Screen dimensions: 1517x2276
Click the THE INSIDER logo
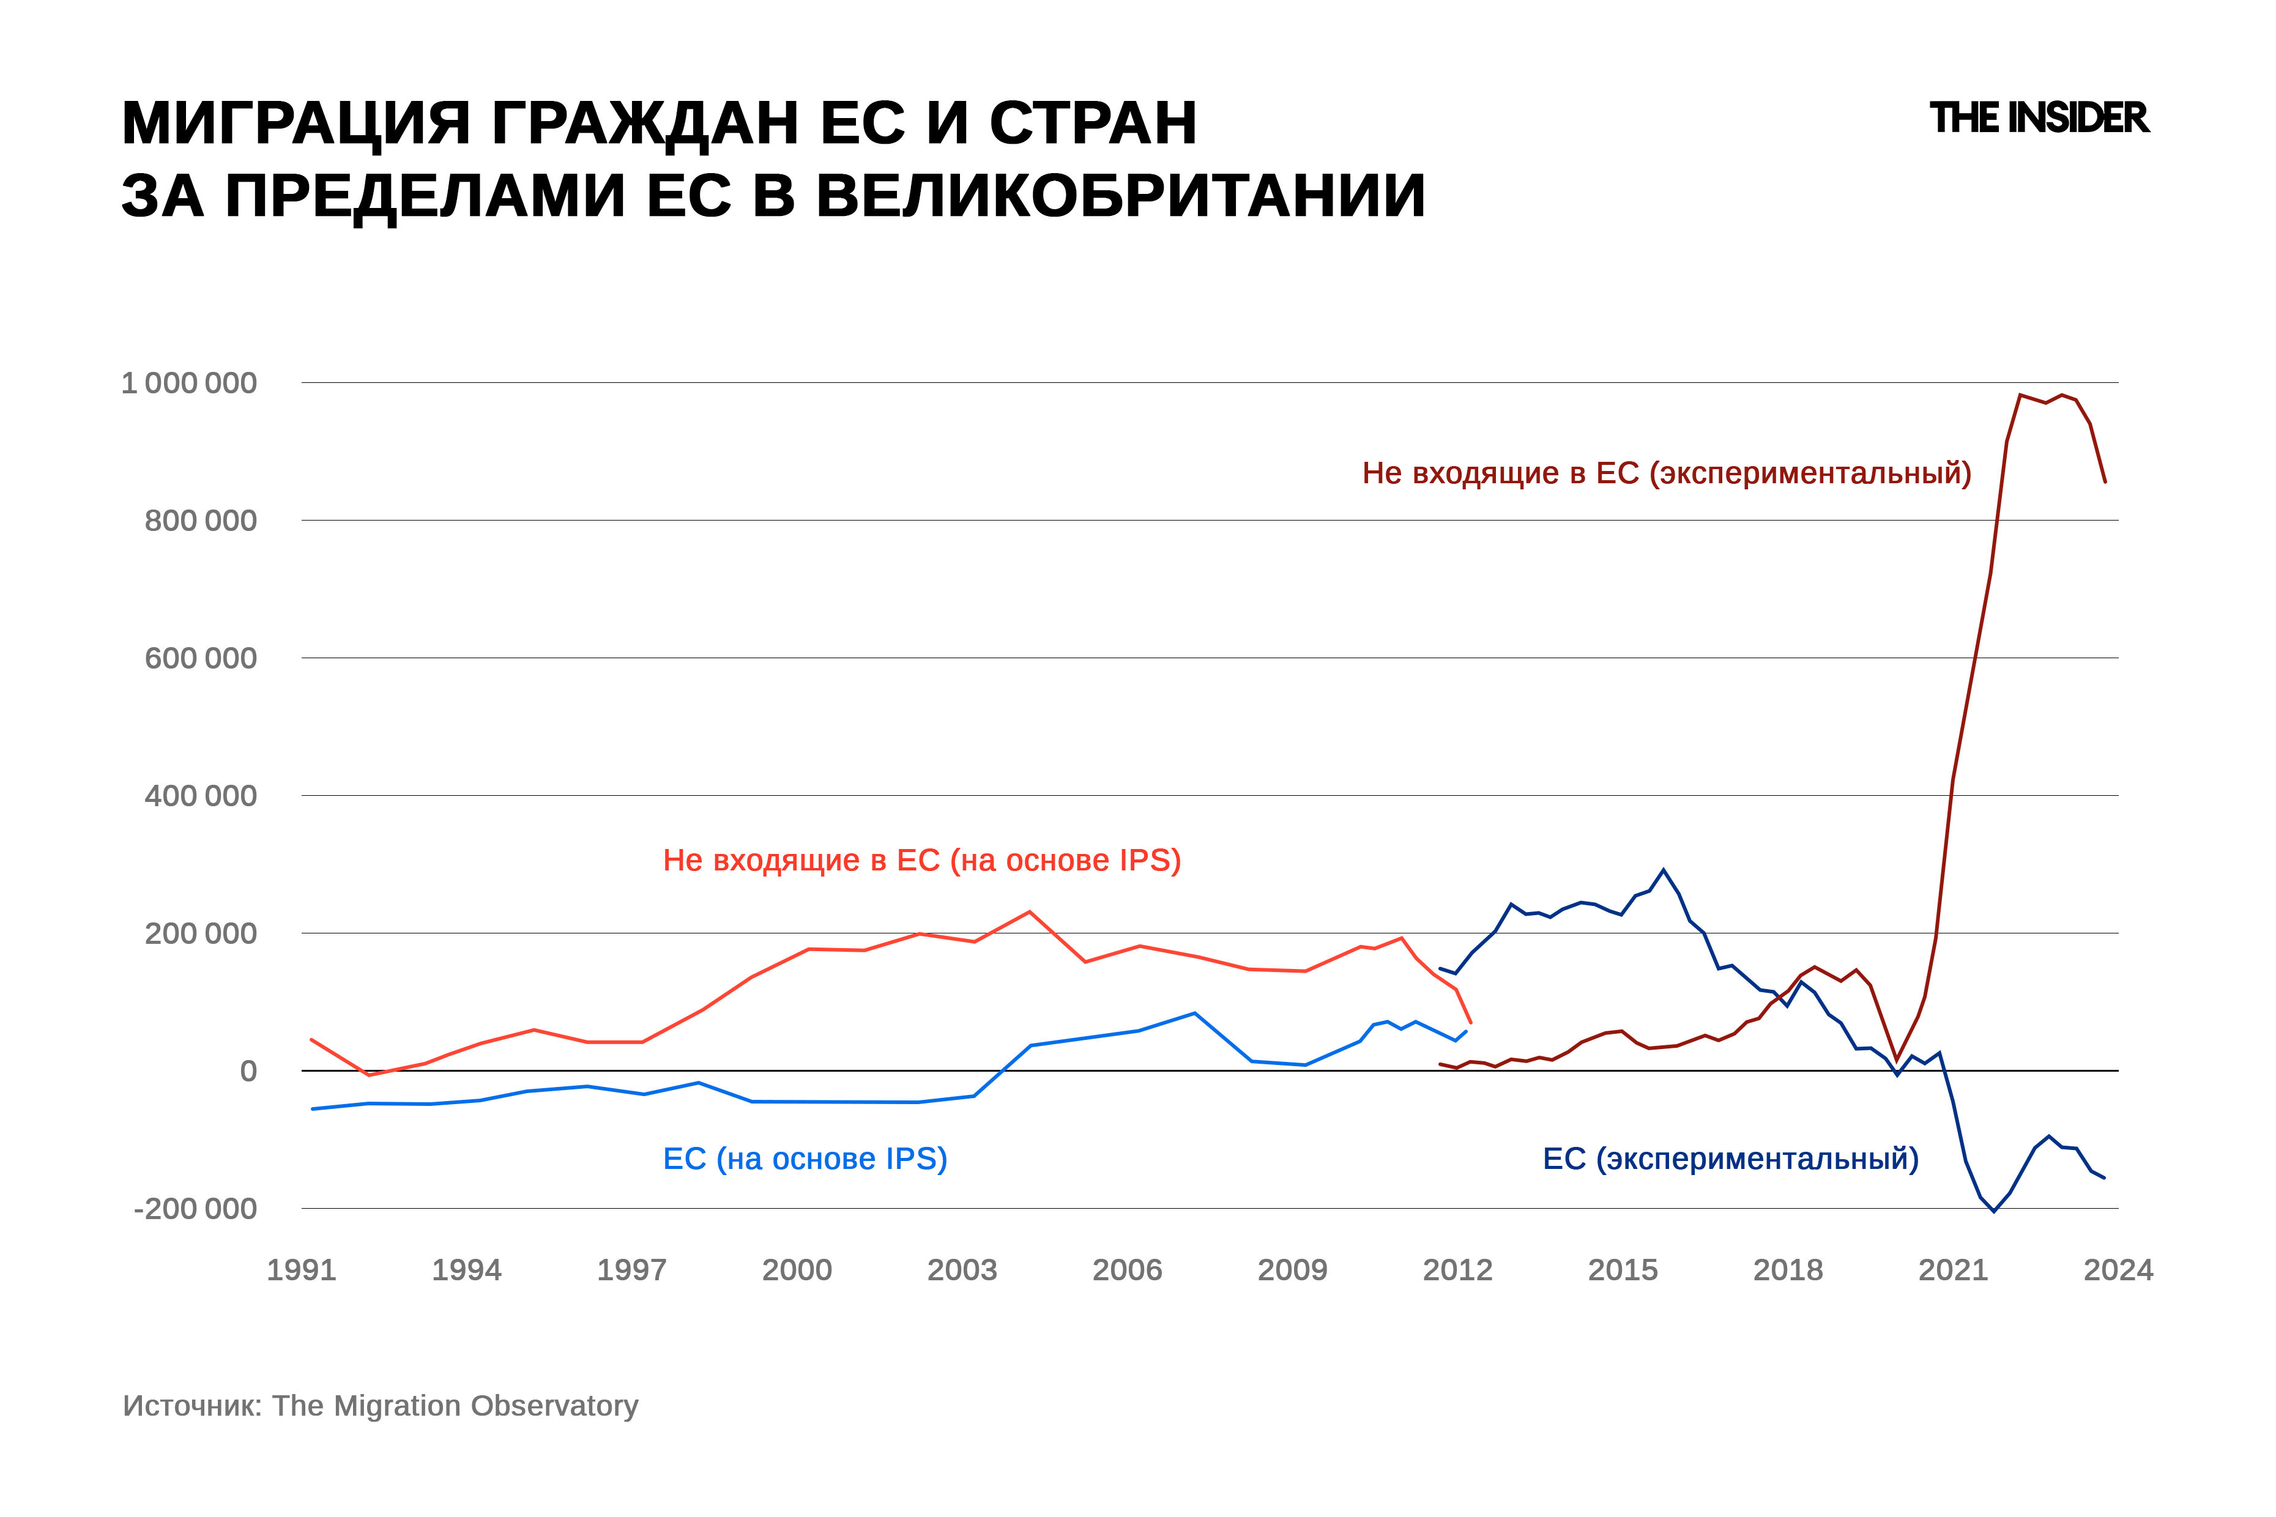tap(2038, 118)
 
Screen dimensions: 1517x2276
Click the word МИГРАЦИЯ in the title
tap(295, 123)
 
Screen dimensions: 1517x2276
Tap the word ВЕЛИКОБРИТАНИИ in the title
tap(1121, 196)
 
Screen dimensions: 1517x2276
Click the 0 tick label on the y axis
tap(248, 1071)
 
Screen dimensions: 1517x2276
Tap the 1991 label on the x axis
tap(301, 1270)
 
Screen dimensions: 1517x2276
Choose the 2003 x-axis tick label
tap(962, 1270)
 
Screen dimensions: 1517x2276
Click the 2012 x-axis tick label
tap(1457, 1270)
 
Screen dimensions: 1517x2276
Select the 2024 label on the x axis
tap(2118, 1270)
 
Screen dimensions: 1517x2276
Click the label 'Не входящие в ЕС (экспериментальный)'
tap(1667, 473)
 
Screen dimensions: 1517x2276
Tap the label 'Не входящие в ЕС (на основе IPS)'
tap(921, 860)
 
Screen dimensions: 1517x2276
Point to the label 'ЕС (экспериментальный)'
tap(1730, 1159)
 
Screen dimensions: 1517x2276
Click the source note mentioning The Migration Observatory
tap(381, 1406)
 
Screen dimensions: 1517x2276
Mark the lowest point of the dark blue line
tap(1993, 1211)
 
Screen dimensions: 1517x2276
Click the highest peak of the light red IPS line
tap(1028, 911)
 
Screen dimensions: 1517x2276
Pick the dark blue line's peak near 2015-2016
tap(1664, 870)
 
